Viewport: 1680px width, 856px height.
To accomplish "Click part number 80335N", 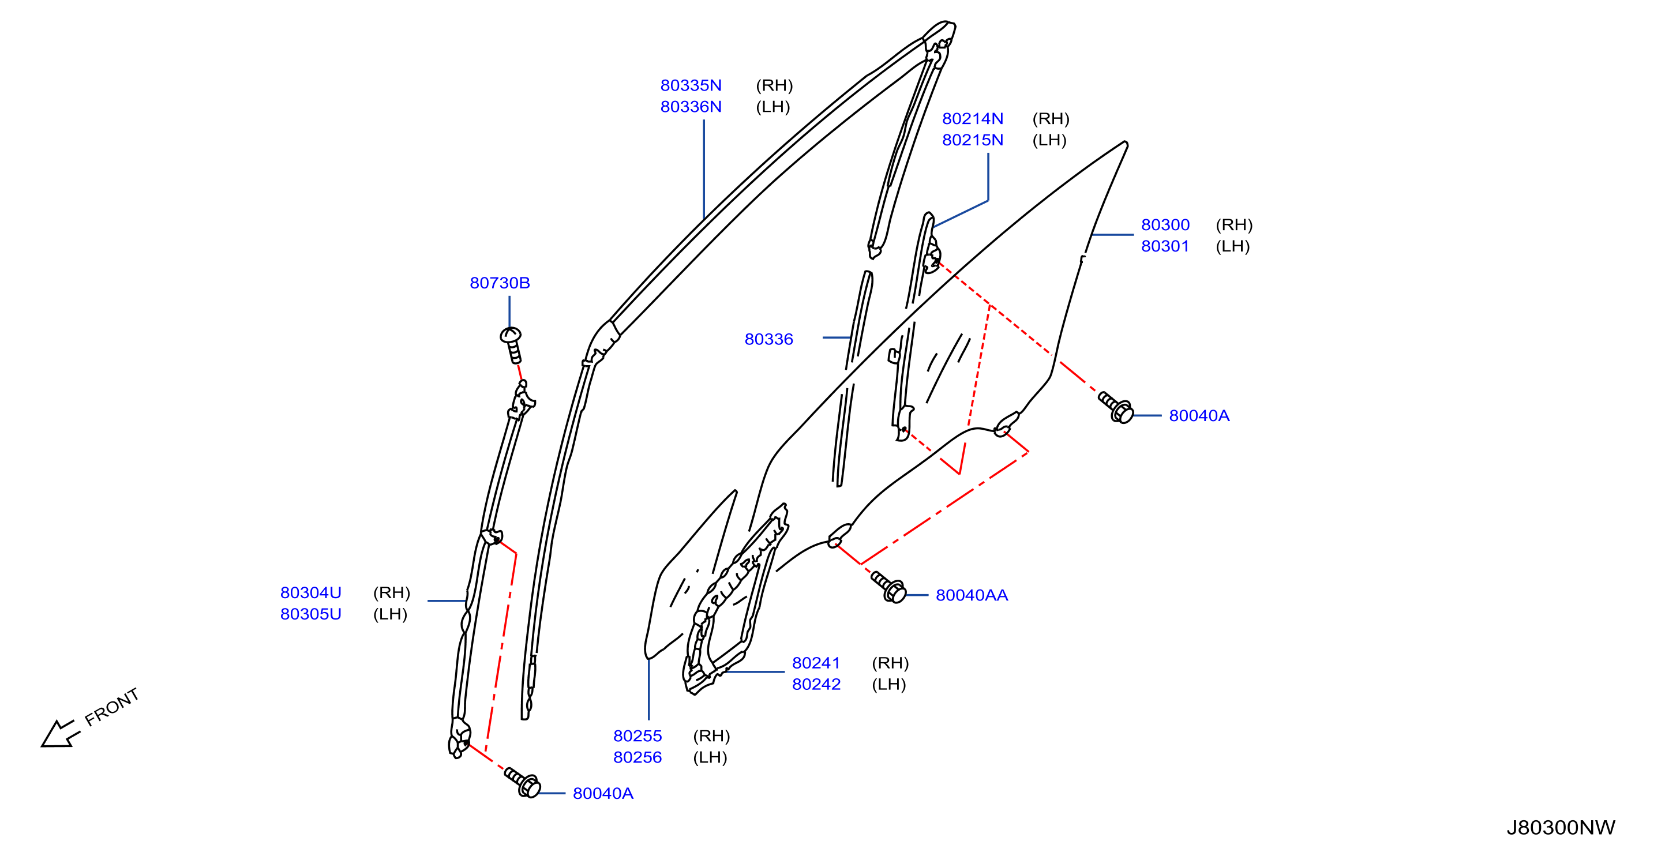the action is click(x=691, y=85).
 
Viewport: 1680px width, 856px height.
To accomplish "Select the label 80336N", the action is click(x=691, y=107).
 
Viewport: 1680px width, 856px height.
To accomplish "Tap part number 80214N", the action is click(x=972, y=119).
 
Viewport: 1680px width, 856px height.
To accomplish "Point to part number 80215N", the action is click(x=972, y=140).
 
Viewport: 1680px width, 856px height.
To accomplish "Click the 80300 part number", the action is click(x=1165, y=225).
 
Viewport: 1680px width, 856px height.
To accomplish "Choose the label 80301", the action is click(x=1165, y=246).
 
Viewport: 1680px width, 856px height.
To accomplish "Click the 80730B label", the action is click(x=500, y=283).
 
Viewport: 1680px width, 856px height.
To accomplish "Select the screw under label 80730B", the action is click(x=512, y=345).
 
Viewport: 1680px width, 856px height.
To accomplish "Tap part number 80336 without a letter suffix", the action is click(x=769, y=339).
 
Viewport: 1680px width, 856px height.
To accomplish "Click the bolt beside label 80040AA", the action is click(x=888, y=587).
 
